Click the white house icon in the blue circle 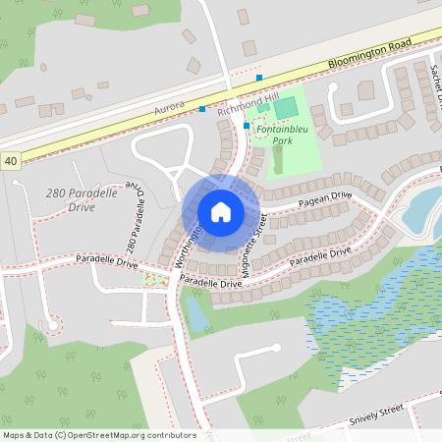221,212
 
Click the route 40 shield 10,159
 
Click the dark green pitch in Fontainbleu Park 284,107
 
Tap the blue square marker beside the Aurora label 202,109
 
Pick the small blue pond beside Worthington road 196,314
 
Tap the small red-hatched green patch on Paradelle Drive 152,281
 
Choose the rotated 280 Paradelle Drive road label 135,224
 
